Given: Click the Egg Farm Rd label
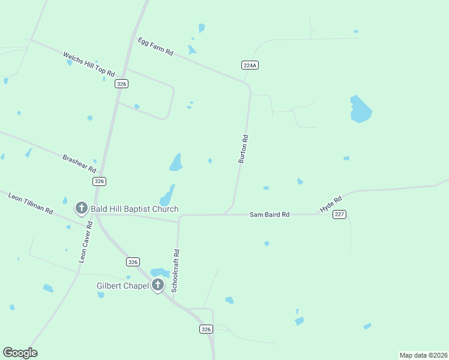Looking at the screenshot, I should (x=155, y=47).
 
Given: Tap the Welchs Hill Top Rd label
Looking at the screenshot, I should (x=89, y=64).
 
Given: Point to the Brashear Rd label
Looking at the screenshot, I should (x=79, y=160).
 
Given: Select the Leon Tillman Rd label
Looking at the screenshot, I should (x=31, y=204).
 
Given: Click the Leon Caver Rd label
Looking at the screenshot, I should (x=85, y=242).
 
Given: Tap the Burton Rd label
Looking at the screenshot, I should (x=243, y=149).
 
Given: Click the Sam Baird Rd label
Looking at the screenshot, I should (x=270, y=214).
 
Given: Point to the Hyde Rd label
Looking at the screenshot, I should (x=331, y=204).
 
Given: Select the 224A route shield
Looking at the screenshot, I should (x=250, y=65).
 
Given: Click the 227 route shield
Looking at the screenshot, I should (x=339, y=214).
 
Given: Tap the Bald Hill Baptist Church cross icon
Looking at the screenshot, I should (x=81, y=208).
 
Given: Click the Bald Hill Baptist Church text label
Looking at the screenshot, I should (x=134, y=209).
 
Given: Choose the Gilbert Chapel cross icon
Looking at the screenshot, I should (x=157, y=285).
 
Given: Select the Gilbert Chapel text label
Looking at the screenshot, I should (x=122, y=286).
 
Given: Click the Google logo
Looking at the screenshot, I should (x=20, y=353).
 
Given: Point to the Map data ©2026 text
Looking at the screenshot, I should (x=423, y=355).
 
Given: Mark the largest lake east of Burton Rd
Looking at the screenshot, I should (x=360, y=109).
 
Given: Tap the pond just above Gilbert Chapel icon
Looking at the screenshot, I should (x=160, y=272).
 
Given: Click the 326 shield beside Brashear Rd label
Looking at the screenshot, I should (x=100, y=181).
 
